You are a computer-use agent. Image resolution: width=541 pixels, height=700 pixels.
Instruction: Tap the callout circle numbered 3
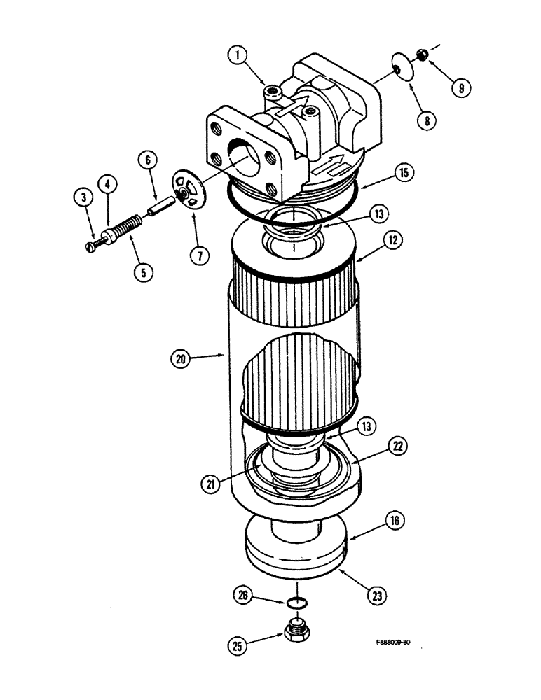point(83,198)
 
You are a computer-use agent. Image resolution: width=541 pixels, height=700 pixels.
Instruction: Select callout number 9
point(461,87)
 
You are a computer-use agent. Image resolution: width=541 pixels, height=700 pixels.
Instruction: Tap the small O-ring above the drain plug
point(298,602)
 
